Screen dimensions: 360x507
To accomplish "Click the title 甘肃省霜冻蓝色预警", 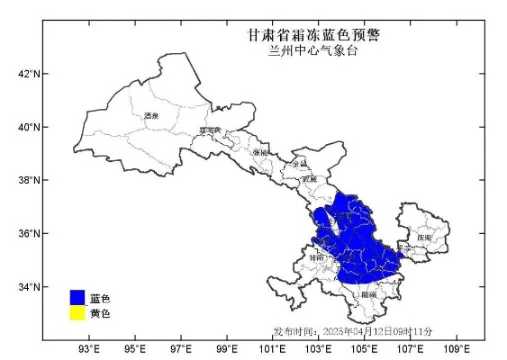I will (313, 35).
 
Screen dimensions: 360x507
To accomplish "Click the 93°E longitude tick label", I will (88, 348).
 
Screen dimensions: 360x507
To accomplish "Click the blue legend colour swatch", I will (77, 298).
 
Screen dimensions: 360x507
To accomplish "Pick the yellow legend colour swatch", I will (77, 313).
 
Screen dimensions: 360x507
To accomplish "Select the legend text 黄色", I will (100, 313).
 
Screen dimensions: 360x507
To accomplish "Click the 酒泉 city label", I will (150, 116).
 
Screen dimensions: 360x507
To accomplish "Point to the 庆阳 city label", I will (423, 238).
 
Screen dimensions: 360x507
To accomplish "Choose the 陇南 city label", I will (368, 294).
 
